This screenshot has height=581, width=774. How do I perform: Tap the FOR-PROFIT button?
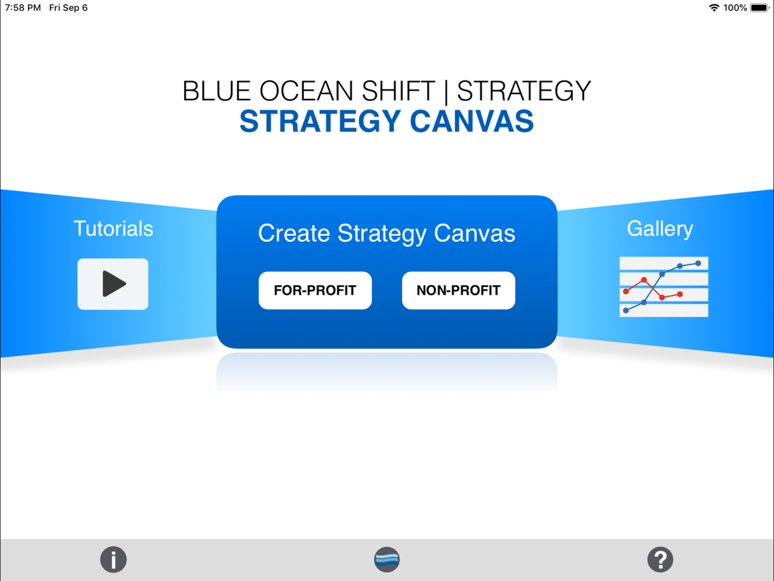point(315,290)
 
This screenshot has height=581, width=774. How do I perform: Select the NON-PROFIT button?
point(458,290)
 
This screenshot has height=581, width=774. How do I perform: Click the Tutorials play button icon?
point(113,284)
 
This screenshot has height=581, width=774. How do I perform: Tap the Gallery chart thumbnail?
point(664,286)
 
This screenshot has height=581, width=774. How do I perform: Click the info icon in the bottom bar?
point(113,559)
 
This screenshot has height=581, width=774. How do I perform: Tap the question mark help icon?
point(660,559)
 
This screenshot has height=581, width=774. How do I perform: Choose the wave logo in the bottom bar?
point(386,559)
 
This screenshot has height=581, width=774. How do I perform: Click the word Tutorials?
point(113,228)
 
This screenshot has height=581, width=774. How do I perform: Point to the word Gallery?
point(660,228)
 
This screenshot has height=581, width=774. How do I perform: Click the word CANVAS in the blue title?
point(471,121)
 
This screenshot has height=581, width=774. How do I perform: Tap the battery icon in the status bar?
point(760,8)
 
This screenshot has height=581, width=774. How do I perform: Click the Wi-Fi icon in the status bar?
point(713,8)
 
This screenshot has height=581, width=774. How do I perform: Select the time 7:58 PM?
point(22,8)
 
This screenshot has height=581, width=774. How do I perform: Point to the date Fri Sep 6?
point(68,8)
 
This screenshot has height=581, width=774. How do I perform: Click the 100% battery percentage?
point(735,8)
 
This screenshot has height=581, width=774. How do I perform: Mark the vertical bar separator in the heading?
point(446,91)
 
